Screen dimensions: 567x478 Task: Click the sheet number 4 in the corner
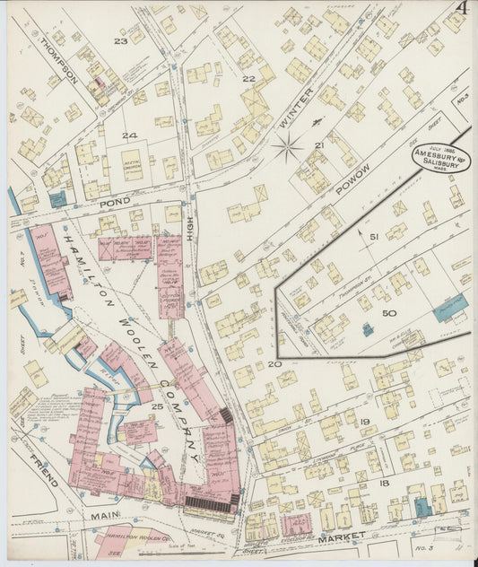tap(460, 8)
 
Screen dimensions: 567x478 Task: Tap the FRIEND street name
tap(43, 470)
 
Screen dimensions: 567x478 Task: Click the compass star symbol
tap(288, 144)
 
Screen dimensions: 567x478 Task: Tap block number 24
tap(129, 135)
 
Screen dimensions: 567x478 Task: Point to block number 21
tap(319, 145)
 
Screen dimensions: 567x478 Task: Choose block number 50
tap(388, 313)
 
